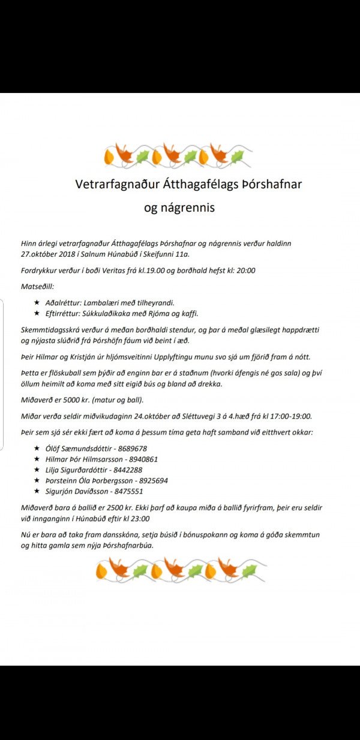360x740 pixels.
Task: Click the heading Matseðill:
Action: point(37,287)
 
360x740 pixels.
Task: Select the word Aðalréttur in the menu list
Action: point(65,303)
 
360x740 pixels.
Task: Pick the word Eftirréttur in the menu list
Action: point(65,314)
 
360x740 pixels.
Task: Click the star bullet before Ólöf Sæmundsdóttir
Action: point(37,449)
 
